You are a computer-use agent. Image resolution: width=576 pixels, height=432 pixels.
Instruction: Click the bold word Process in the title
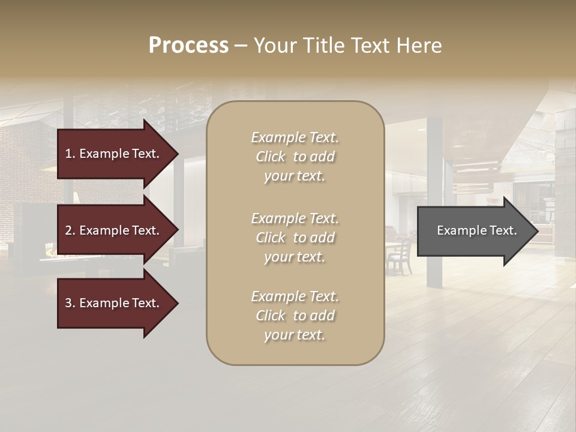pyautogui.click(x=188, y=46)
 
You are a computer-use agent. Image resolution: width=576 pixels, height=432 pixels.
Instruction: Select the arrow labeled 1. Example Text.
pyautogui.click(x=114, y=154)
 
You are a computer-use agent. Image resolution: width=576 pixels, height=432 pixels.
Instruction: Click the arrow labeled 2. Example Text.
pyautogui.click(x=114, y=230)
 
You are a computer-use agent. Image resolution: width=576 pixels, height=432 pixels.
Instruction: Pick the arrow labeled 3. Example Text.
pyautogui.click(x=114, y=304)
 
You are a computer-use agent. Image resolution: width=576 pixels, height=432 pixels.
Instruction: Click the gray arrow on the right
pyautogui.click(x=474, y=231)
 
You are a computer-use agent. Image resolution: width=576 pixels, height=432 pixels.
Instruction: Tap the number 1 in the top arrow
pyautogui.click(x=68, y=154)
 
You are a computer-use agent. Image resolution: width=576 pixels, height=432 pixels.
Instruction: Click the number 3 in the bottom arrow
pyautogui.click(x=68, y=304)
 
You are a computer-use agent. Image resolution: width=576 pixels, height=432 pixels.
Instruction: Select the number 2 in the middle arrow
pyautogui.click(x=68, y=230)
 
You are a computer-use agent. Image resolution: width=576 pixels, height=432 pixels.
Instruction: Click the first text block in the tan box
pyautogui.click(x=295, y=157)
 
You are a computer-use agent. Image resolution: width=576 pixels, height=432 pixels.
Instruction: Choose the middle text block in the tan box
pyautogui.click(x=295, y=238)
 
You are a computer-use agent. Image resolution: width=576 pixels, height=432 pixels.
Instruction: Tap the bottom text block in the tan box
pyautogui.click(x=295, y=316)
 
